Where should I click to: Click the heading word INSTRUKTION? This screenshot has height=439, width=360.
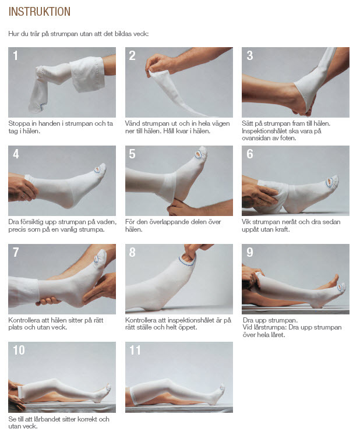coord(39,12)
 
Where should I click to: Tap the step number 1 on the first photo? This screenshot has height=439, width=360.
coord(15,55)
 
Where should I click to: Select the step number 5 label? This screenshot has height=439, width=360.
coord(132,154)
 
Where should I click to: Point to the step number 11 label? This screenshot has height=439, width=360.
coord(135,351)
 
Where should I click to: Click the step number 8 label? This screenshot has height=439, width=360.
coord(132,252)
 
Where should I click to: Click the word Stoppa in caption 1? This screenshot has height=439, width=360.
coord(19,124)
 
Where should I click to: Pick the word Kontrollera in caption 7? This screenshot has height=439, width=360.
coord(24,320)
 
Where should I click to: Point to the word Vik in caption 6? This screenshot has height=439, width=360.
coord(246,222)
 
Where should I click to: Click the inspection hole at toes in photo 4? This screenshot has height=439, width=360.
coord(98,169)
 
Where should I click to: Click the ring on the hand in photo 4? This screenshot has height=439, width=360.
coord(23,195)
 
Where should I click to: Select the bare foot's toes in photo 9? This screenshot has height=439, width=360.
coord(336,278)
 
